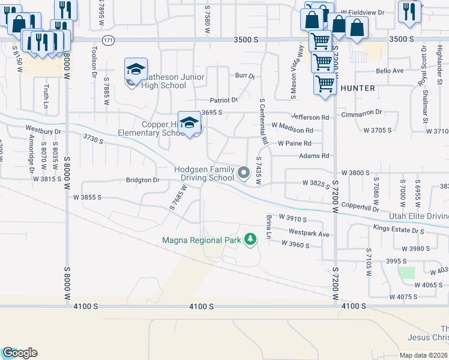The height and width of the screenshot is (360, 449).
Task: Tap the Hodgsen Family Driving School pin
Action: [x=243, y=173]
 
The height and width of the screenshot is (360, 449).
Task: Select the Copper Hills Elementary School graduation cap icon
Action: [x=190, y=123]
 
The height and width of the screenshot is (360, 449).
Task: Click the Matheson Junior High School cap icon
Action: [x=136, y=69]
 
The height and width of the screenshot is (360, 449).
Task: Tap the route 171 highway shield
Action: [x=108, y=40]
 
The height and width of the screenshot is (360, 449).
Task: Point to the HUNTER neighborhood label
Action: [x=358, y=88]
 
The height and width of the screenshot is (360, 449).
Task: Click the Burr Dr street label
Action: [x=245, y=76]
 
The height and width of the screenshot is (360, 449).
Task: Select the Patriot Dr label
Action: [x=224, y=100]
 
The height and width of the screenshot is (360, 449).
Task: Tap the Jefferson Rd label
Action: [x=310, y=118]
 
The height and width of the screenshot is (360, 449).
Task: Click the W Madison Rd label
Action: [x=292, y=130]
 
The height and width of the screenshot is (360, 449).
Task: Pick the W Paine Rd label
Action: [x=294, y=143]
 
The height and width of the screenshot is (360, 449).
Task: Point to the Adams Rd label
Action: [x=315, y=156]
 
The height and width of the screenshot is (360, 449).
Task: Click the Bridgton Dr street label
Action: [x=142, y=180]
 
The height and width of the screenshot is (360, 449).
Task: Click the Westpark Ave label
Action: [x=309, y=233]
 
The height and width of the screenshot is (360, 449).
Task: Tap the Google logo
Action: [x=20, y=353]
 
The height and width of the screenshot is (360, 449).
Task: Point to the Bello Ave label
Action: [x=390, y=71]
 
